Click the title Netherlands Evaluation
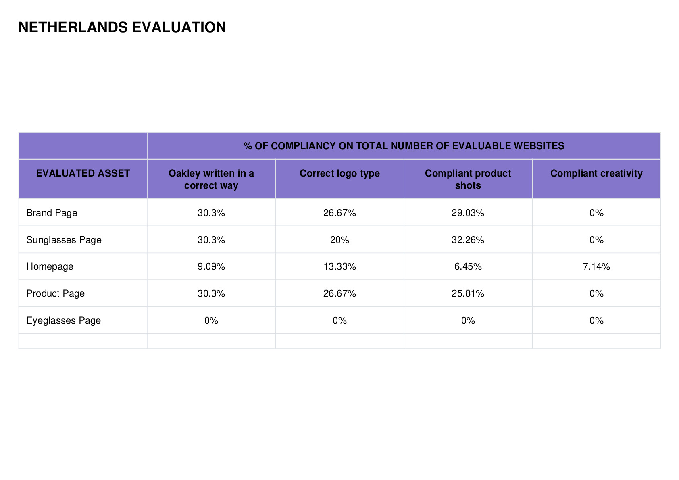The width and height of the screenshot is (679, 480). (x=122, y=27)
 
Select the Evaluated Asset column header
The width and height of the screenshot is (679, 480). (x=83, y=173)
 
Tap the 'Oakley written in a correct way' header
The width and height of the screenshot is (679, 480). (x=211, y=179)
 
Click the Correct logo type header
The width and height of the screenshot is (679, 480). (x=339, y=173)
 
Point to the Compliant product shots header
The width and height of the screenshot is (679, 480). (x=468, y=179)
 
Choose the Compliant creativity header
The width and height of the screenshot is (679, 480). (x=596, y=173)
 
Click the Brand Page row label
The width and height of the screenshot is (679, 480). (x=52, y=213)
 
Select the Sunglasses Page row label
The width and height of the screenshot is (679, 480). (x=64, y=240)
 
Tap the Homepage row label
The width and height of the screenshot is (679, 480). (x=50, y=267)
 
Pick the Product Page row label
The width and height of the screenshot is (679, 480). (x=56, y=293)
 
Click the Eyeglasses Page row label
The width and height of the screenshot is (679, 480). (x=63, y=320)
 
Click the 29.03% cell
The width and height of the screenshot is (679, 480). (x=468, y=213)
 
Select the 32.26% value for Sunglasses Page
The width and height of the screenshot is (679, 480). (x=468, y=240)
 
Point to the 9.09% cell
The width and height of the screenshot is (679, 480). (x=211, y=266)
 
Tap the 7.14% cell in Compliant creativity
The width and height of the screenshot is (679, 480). (x=596, y=266)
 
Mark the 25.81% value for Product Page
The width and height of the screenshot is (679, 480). (x=468, y=293)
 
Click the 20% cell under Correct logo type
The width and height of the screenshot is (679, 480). (x=339, y=240)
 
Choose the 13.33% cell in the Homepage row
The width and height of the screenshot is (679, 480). (x=339, y=266)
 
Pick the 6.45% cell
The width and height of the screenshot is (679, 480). (x=468, y=266)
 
